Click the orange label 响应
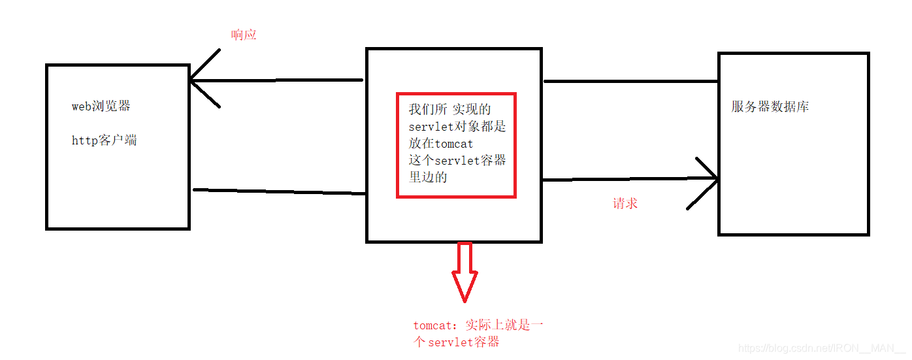click(x=244, y=35)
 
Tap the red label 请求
click(x=625, y=203)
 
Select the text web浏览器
click(x=101, y=106)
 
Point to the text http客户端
click(x=104, y=140)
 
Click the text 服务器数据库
click(x=770, y=106)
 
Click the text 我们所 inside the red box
click(x=428, y=109)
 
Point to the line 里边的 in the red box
click(x=428, y=177)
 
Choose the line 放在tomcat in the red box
click(x=441, y=144)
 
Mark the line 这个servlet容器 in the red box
click(x=457, y=161)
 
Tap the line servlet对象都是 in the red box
click(x=457, y=127)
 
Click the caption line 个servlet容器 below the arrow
click(x=457, y=342)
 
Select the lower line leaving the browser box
click(x=279, y=191)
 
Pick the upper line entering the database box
click(x=630, y=82)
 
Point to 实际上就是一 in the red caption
click(x=504, y=325)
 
